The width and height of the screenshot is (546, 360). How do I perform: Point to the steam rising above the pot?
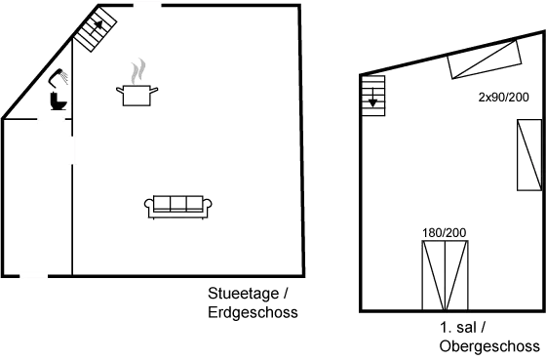click(138, 71)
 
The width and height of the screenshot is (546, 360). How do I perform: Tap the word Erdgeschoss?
click(252, 313)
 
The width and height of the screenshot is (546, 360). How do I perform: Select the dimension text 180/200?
click(445, 231)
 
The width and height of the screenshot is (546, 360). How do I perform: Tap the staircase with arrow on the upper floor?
click(373, 95)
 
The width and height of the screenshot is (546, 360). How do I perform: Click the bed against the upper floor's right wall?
click(527, 160)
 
